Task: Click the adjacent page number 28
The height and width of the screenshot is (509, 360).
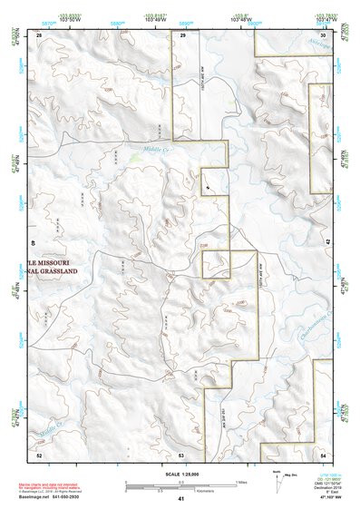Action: tap(39, 35)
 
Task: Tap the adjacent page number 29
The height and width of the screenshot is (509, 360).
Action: tap(182, 35)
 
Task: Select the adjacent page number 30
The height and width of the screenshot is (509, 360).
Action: tap(324, 35)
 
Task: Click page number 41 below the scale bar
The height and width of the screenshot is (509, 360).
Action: tap(181, 499)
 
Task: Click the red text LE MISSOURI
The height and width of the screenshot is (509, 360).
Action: tap(63, 261)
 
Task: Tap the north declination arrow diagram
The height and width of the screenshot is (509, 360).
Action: tap(275, 476)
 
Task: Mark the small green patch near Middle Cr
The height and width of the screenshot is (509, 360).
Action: tap(135, 156)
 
